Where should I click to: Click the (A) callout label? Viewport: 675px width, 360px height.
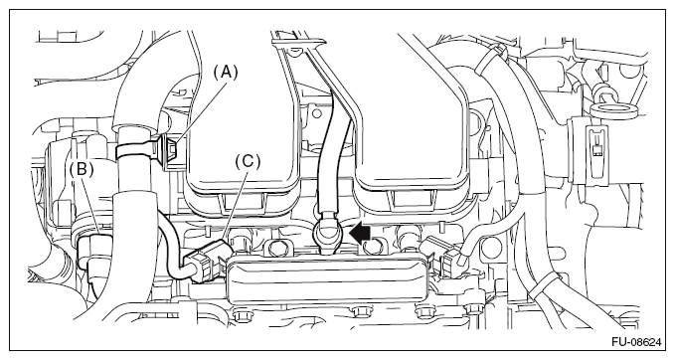pos(226,73)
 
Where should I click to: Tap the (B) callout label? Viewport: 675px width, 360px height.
pos(82,169)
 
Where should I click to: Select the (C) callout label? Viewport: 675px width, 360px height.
pos(248,161)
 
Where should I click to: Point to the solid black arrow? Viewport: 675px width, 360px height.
pos(360,234)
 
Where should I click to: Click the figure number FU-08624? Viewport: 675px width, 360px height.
pos(636,342)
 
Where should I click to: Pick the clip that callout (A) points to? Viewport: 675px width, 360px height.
pos(170,150)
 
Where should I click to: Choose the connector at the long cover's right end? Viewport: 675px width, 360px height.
pos(443,258)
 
